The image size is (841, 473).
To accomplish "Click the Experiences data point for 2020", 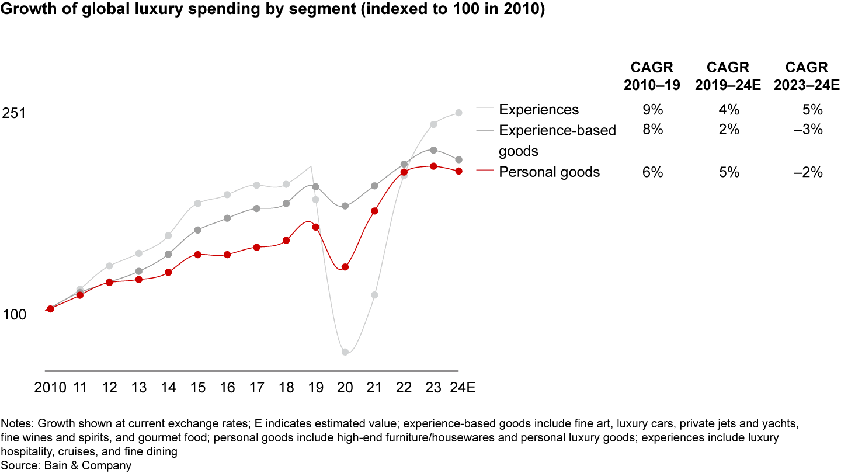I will click(x=345, y=352).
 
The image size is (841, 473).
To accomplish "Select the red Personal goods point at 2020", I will click(x=345, y=267).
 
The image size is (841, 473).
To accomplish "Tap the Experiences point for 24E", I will click(x=459, y=113).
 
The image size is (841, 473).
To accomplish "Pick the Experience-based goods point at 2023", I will click(x=433, y=150).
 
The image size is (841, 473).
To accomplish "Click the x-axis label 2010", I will click(x=51, y=388).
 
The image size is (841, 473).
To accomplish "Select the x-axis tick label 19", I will click(x=315, y=388).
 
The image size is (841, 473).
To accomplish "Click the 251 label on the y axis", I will click(x=15, y=113).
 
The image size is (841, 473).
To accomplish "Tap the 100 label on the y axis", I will click(x=15, y=315).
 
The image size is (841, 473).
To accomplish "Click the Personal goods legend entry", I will click(x=549, y=172).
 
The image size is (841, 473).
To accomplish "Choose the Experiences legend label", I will click(x=538, y=110).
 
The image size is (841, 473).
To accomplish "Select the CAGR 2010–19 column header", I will click(x=652, y=76).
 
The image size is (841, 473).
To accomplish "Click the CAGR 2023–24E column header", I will click(x=807, y=76).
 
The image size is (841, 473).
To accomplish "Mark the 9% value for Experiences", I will click(x=652, y=110).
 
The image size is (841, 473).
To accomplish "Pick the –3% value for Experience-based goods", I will click(x=811, y=130).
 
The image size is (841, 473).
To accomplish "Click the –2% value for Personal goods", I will click(x=811, y=172).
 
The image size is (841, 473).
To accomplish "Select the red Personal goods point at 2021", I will click(x=375, y=211).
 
